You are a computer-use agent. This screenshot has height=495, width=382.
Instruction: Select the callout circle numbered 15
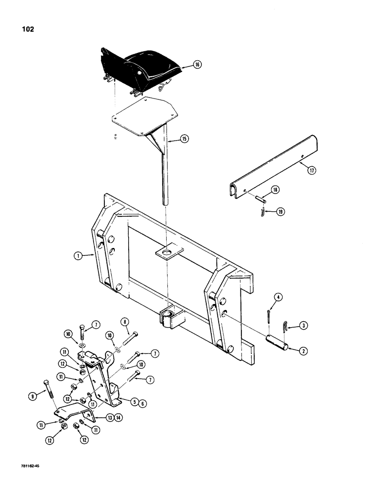[x=185, y=140]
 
